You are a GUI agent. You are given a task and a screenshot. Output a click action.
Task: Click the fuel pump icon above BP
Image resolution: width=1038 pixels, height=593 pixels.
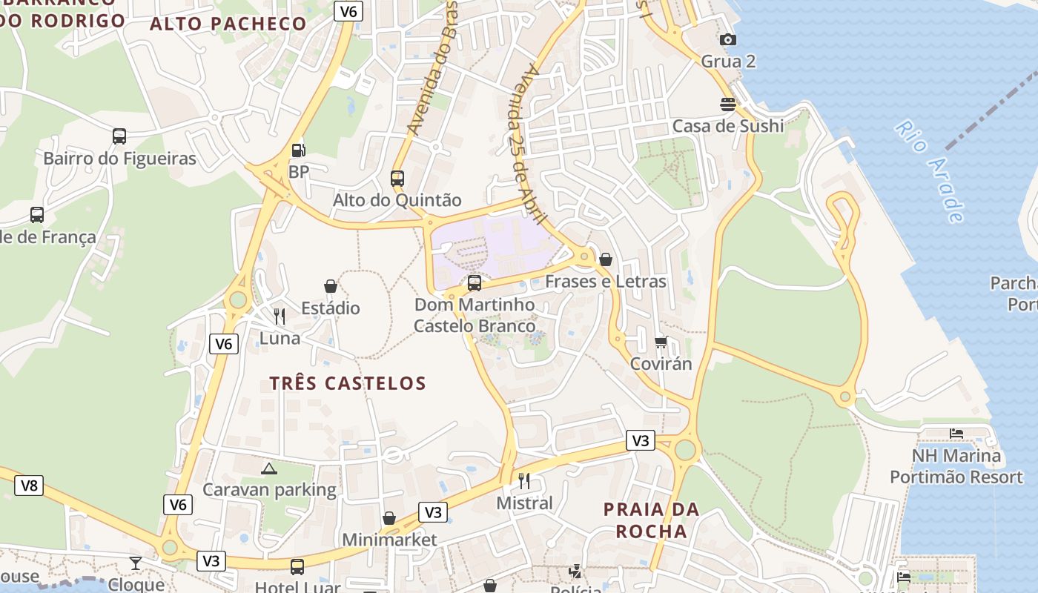click(x=298, y=150)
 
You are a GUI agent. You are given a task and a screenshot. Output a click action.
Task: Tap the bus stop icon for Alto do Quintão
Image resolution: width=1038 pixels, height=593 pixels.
click(x=397, y=179)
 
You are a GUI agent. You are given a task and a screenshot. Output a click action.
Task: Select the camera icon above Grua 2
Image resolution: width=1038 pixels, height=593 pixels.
click(x=728, y=40)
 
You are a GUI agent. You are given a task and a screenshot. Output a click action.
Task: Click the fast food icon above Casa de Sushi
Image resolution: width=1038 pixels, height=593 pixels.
click(x=728, y=105)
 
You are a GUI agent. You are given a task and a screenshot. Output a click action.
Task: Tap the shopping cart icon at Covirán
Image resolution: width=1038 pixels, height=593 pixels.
click(x=661, y=342)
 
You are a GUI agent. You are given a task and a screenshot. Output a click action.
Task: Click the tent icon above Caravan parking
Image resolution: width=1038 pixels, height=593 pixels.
click(x=269, y=468)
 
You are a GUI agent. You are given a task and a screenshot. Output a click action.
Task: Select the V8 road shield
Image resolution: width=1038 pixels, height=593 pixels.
click(x=29, y=486)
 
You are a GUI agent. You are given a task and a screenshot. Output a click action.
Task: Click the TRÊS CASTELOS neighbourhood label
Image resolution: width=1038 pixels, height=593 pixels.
click(x=348, y=383)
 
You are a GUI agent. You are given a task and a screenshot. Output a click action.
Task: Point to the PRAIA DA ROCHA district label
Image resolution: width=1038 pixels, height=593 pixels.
click(x=651, y=520)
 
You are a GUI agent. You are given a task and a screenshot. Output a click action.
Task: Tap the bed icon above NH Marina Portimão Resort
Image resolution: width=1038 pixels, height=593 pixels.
click(x=956, y=434)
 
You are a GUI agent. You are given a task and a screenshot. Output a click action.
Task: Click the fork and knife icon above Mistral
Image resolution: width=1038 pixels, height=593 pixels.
click(x=524, y=481)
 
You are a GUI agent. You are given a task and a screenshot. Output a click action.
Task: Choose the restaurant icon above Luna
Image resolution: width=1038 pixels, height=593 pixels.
click(x=280, y=317)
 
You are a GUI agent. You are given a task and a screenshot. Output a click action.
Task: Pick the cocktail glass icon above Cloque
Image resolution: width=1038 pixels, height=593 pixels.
click(x=135, y=563)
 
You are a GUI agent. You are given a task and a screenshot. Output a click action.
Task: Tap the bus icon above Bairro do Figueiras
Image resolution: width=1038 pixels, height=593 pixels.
click(x=119, y=136)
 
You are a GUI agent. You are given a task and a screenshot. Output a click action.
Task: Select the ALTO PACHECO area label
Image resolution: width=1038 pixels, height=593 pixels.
click(x=228, y=24)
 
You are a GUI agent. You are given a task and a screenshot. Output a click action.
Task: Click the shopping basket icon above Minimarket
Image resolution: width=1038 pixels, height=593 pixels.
click(x=389, y=518)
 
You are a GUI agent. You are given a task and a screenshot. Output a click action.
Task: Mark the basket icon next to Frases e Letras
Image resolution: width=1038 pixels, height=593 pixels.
click(x=606, y=259)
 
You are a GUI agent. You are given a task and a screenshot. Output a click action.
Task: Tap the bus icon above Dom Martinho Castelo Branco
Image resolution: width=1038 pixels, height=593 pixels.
click(x=475, y=282)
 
